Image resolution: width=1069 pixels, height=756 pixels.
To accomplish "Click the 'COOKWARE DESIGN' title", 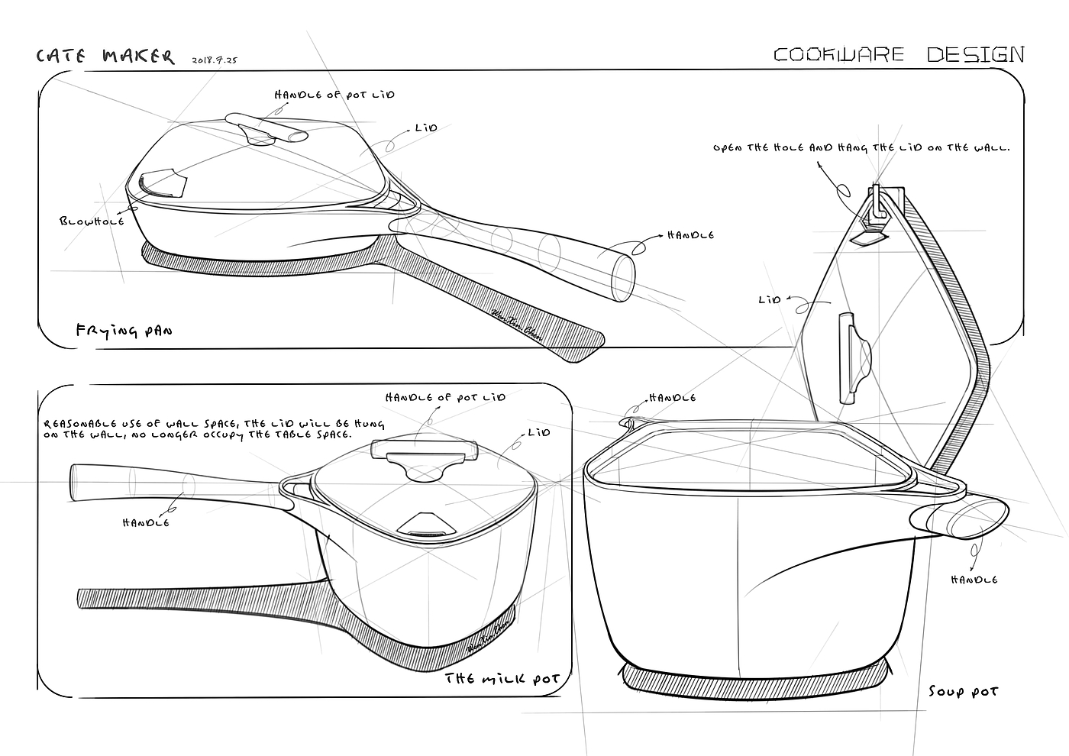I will coord(899,55).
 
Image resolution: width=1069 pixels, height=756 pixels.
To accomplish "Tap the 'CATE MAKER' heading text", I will coord(105,57).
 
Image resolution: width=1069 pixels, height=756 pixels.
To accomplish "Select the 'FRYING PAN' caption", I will coord(124,331).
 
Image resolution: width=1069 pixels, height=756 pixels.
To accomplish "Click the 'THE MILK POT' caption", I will coord(502,678).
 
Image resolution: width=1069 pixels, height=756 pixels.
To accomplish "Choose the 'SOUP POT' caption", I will coord(963,692).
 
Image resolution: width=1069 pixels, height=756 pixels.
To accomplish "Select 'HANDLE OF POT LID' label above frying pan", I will coord(334,95).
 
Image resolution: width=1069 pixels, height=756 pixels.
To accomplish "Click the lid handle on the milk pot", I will coord(425,454).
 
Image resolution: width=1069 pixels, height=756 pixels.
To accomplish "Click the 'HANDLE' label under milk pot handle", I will coord(145,522).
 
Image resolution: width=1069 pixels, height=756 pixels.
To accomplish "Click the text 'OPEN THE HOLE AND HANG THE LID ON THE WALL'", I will coord(861,147).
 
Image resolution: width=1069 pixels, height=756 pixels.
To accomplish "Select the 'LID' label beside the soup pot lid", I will coord(770,299).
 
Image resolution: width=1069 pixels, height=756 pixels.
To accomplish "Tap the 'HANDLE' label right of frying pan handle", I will coord(690,235).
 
